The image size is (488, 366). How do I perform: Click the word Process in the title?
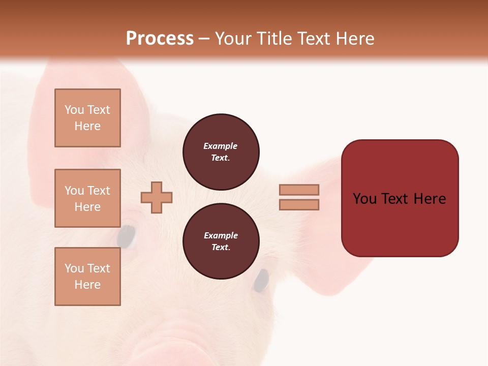click(x=160, y=39)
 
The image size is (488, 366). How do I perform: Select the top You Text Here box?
click(x=87, y=118)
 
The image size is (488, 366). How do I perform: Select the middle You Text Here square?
click(x=87, y=198)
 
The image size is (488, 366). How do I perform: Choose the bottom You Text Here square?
click(x=87, y=277)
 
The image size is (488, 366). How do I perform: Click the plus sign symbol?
click(x=157, y=198)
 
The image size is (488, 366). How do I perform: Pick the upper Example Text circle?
click(x=221, y=152)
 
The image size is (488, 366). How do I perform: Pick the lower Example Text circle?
click(x=221, y=241)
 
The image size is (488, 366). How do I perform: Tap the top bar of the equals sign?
click(x=299, y=190)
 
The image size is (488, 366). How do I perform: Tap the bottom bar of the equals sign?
click(x=299, y=204)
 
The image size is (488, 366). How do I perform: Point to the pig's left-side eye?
click(x=127, y=236)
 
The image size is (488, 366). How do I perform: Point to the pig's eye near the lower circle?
click(x=261, y=281)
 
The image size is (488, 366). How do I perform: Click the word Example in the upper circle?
click(x=221, y=146)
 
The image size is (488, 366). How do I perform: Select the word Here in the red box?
click(x=430, y=199)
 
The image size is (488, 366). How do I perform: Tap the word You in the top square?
click(x=74, y=110)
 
